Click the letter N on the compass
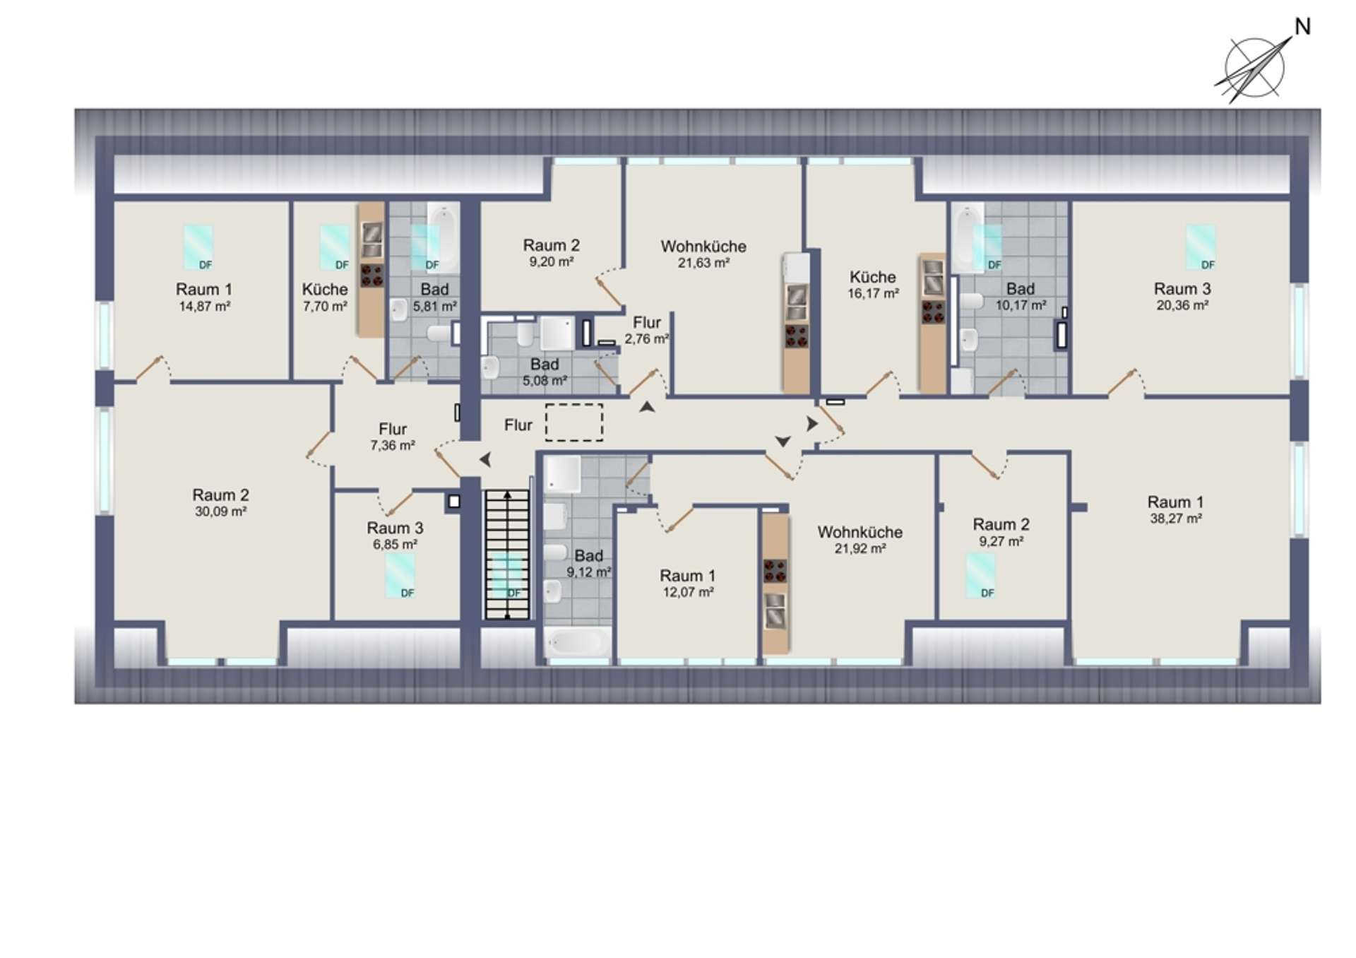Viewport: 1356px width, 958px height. click(x=1302, y=27)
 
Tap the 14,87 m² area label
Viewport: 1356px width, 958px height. click(x=205, y=307)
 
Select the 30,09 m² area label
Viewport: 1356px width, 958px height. click(x=221, y=511)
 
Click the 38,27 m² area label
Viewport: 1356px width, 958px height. click(x=1176, y=519)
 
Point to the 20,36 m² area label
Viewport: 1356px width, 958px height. click(x=1182, y=305)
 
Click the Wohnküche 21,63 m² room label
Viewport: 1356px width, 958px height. click(x=703, y=254)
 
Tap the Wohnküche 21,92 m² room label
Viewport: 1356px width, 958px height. click(x=860, y=540)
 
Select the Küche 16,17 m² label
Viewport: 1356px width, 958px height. click(x=873, y=285)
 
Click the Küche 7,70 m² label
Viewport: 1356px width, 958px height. click(x=325, y=297)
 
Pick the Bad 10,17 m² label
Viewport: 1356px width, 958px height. click(x=1021, y=297)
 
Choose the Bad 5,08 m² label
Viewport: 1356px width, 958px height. click(x=545, y=372)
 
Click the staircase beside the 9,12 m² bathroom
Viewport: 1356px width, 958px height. click(x=507, y=555)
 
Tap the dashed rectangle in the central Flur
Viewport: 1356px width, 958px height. click(x=574, y=422)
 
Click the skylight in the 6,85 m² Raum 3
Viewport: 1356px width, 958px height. click(x=400, y=576)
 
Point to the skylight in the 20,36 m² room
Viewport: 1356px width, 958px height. click(x=1201, y=247)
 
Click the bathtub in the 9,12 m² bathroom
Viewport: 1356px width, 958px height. click(x=578, y=642)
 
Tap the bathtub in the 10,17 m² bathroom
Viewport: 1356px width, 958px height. click(x=968, y=237)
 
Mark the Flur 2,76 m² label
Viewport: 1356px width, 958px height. click(x=647, y=331)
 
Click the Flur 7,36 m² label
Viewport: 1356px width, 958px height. click(x=393, y=437)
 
